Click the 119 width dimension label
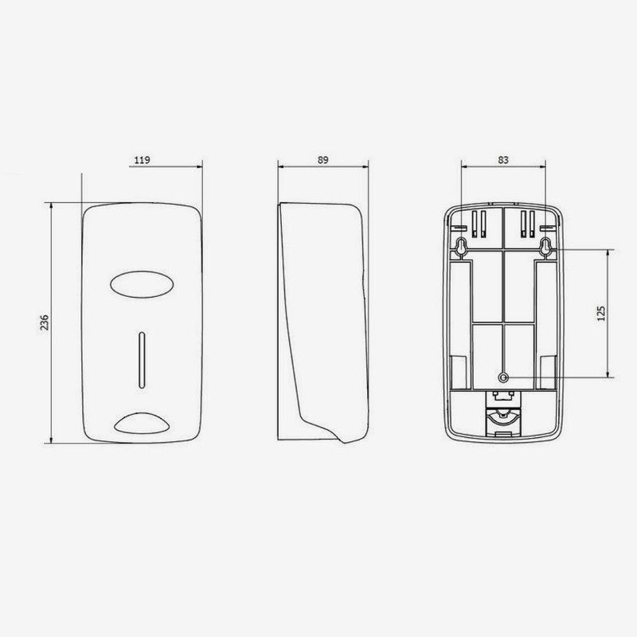[x=143, y=160]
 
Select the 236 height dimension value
[x=45, y=322]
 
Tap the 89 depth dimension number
[x=323, y=160]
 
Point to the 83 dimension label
[x=503, y=160]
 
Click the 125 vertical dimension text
[x=601, y=313]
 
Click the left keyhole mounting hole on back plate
[x=462, y=248]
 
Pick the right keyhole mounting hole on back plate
[x=545, y=248]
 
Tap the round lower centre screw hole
[x=503, y=377]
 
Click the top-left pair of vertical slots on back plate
[x=479, y=224]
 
